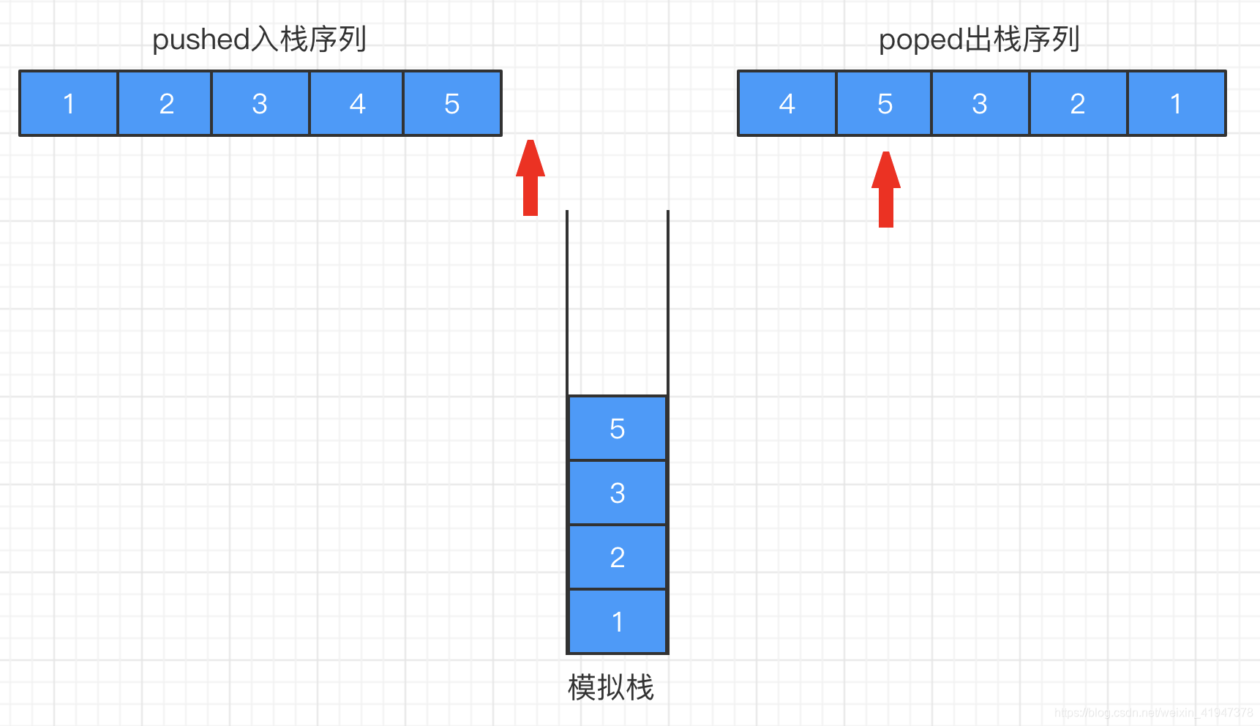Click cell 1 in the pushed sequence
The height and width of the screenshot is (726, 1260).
click(69, 103)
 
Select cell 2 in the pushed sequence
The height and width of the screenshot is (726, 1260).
click(165, 103)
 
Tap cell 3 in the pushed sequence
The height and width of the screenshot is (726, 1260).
click(260, 103)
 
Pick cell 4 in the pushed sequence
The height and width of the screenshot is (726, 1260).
click(357, 103)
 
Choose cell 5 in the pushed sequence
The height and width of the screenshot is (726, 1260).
click(452, 103)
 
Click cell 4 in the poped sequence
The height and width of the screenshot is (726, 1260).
click(787, 103)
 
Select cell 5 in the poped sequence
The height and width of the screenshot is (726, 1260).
click(885, 103)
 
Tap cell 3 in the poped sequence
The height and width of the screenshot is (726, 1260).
click(980, 103)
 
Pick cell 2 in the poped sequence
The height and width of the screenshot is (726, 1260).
click(1078, 103)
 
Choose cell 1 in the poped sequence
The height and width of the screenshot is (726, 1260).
click(1176, 103)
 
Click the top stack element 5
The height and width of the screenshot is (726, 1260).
click(618, 428)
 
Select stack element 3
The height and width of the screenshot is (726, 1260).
click(618, 493)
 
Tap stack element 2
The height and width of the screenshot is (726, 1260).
click(618, 557)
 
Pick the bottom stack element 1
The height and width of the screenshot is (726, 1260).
click(618, 621)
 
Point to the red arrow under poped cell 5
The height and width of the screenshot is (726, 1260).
click(886, 190)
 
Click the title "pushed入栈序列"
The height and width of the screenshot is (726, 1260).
click(259, 40)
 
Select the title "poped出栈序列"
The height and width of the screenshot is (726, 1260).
click(979, 40)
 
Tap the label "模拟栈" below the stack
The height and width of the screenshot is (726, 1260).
click(610, 687)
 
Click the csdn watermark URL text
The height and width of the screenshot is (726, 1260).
click(1153, 712)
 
